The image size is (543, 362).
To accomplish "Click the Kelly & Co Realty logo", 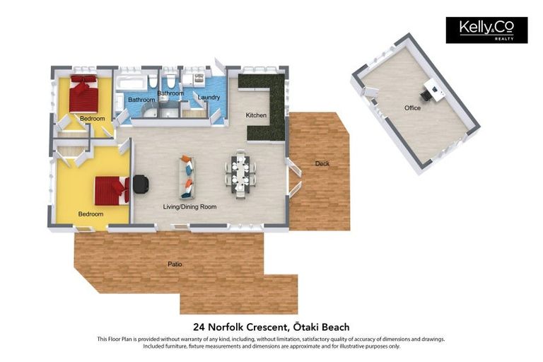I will pos(486,30).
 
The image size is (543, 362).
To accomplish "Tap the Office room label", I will pos(412,108).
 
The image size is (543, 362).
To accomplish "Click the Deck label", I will pos(322,164).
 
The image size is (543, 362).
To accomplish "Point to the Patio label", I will pos(175,264).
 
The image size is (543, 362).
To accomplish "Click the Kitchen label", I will pos(256,115).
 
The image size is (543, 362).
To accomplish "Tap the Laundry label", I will pos(209,98).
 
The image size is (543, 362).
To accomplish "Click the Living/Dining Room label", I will pos(190,206).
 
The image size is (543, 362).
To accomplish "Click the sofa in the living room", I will pos(188,177).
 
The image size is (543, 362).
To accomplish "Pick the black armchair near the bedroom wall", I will pos(141,184).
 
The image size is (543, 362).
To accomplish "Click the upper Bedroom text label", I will pos(92,118).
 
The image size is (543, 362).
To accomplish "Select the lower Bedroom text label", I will pos(90,214).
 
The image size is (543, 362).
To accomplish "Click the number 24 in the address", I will pos(199,327).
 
